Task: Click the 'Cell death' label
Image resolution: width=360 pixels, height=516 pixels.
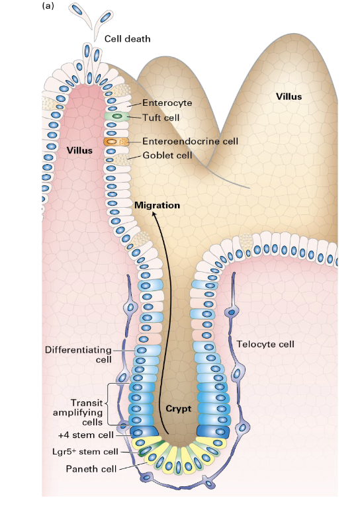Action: pos(127,39)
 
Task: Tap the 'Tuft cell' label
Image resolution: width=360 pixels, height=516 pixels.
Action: pos(162,116)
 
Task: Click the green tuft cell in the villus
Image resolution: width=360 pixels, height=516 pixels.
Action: pos(116,116)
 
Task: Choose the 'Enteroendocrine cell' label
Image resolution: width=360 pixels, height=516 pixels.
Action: pos(190,141)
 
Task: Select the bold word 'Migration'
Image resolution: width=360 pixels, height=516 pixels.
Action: pos(157,205)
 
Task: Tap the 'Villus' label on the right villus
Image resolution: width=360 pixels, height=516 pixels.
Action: pos(289,97)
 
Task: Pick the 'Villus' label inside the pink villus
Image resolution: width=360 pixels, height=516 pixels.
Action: pos(79,150)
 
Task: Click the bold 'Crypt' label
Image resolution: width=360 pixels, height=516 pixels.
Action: pos(178,409)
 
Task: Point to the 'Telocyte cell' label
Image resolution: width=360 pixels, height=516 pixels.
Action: pos(265,344)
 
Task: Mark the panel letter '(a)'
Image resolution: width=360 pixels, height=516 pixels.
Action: pos(48,5)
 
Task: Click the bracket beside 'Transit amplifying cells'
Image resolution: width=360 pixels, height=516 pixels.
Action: pos(122,404)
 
